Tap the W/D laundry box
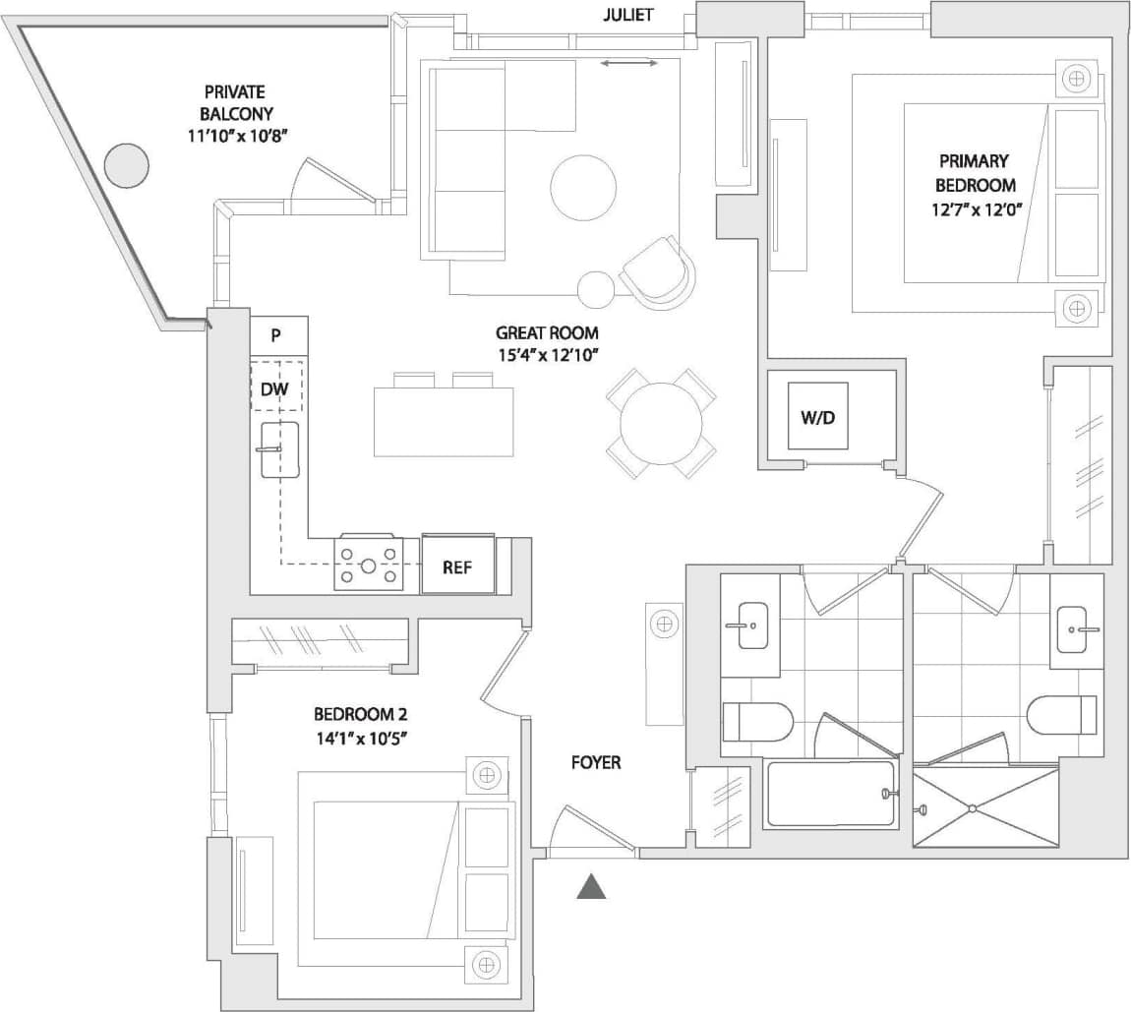(817, 416)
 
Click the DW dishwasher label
(275, 389)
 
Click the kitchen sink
(279, 449)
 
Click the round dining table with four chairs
(660, 424)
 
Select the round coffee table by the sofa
(583, 189)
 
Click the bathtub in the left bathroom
(831, 794)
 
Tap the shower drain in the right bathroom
(972, 808)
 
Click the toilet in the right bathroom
(1061, 714)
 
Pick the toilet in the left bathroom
(757, 722)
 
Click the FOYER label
(596, 762)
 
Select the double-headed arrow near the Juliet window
(629, 63)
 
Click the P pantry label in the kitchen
(276, 335)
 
